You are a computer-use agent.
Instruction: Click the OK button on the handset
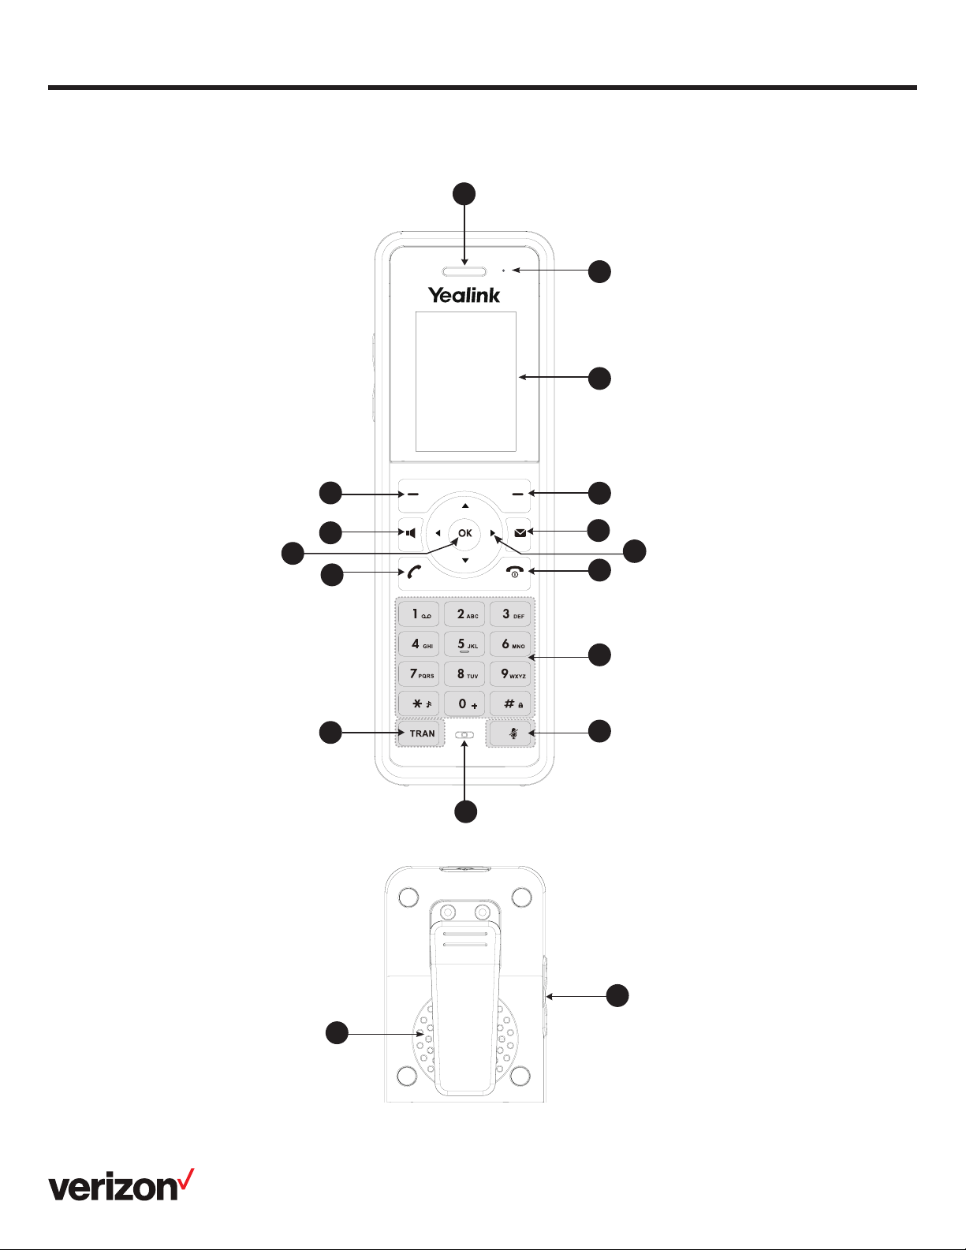coord(464,533)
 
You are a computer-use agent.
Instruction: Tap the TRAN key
coord(421,733)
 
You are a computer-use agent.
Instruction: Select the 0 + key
coord(464,703)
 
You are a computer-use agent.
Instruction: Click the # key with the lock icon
coord(510,703)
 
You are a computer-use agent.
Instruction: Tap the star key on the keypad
coord(420,703)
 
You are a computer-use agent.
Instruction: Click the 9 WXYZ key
coord(510,674)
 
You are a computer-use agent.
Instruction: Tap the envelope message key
coord(520,533)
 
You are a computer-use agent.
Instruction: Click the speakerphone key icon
coord(411,533)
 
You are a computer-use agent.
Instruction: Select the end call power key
coord(515,572)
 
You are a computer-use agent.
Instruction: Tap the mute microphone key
coord(510,733)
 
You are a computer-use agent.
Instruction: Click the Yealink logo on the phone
coord(464,295)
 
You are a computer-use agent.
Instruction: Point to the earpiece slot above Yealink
coord(464,271)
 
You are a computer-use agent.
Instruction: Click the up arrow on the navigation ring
coord(465,506)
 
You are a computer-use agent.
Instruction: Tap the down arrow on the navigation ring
coord(465,560)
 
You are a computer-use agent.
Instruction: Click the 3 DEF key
coord(510,614)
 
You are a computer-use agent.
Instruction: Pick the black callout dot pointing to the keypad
coord(600,655)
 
